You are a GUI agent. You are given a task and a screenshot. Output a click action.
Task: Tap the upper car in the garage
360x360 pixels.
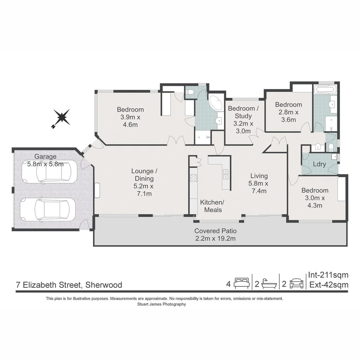pyautogui.click(x=47, y=172)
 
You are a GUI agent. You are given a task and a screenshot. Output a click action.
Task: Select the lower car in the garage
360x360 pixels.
pyautogui.click(x=48, y=210)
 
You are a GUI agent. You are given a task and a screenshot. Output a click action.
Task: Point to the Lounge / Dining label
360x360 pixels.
pyautogui.click(x=144, y=182)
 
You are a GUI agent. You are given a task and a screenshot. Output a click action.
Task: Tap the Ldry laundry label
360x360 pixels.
pyautogui.click(x=320, y=164)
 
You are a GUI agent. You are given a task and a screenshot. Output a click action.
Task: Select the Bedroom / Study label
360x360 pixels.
pyautogui.click(x=243, y=120)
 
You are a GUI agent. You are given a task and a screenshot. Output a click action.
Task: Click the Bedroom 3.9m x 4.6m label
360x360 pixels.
pyautogui.click(x=130, y=117)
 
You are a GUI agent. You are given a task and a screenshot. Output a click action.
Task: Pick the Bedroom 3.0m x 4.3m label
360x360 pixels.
pyautogui.click(x=315, y=198)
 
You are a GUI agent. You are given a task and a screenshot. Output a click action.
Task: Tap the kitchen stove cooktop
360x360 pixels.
pyautogui.click(x=193, y=178)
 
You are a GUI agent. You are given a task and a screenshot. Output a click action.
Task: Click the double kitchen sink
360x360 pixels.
pyautogui.click(x=226, y=174)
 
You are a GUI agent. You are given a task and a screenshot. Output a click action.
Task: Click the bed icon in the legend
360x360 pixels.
pyautogui.click(x=242, y=284)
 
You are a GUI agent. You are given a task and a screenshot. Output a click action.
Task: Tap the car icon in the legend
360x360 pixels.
pyautogui.click(x=296, y=284)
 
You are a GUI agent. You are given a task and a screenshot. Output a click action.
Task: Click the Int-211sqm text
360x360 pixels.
pyautogui.click(x=328, y=275)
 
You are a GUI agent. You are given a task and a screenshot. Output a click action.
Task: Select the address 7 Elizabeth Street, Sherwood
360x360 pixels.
pyautogui.click(x=69, y=285)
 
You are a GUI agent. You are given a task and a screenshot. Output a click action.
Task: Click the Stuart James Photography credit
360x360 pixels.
pyautogui.click(x=161, y=304)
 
